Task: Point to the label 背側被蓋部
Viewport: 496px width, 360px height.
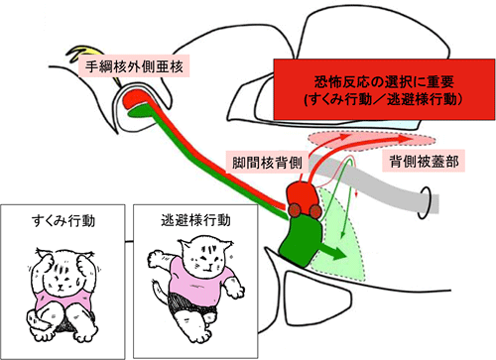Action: click(x=418, y=160)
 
